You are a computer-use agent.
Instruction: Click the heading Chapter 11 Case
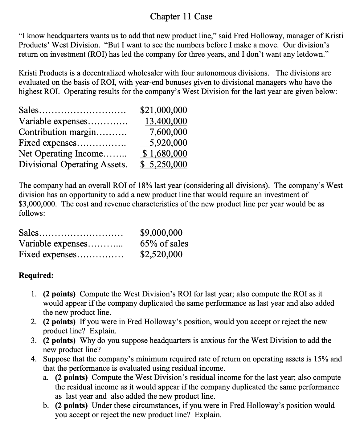click(181, 16)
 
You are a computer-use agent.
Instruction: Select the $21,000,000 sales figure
click(163, 110)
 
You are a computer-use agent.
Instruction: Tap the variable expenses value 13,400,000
click(166, 121)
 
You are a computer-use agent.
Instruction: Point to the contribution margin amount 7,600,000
click(168, 132)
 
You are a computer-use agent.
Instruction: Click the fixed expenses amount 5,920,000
click(168, 143)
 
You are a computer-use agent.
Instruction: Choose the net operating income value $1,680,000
click(164, 153)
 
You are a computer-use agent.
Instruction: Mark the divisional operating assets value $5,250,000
click(164, 164)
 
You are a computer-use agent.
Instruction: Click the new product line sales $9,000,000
click(161, 233)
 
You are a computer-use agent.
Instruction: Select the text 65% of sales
click(164, 243)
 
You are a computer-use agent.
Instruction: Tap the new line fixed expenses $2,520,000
click(161, 254)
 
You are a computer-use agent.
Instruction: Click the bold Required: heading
click(36, 275)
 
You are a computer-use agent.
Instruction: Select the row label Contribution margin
click(57, 132)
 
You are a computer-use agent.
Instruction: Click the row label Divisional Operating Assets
click(72, 164)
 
